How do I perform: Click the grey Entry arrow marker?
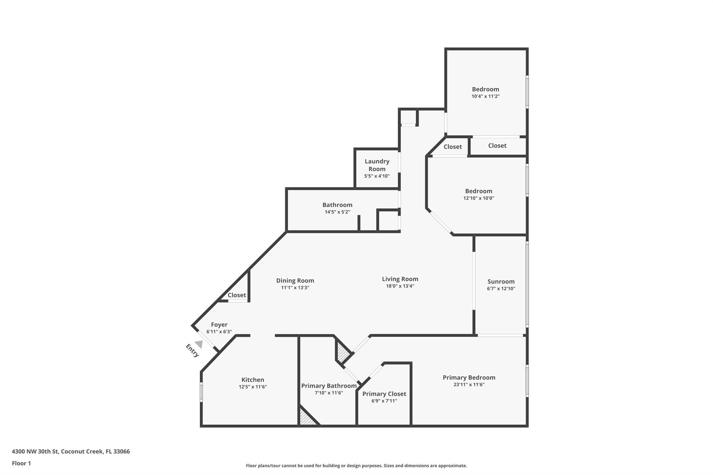tap(199, 344)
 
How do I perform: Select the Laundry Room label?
tap(377, 165)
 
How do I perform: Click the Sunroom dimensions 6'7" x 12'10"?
tap(501, 288)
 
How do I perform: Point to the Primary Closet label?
tap(384, 394)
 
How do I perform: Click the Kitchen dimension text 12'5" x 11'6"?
tap(253, 387)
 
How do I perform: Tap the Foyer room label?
tap(219, 325)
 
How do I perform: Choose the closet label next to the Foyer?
tap(237, 295)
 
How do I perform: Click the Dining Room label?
tap(295, 280)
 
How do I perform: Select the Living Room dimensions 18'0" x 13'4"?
tap(400, 286)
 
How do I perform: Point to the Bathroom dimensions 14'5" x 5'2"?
tap(337, 212)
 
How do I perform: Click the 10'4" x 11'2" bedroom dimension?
tap(485, 96)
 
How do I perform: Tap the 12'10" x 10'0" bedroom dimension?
tap(478, 198)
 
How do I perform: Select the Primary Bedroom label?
tap(469, 378)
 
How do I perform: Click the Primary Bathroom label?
tap(329, 386)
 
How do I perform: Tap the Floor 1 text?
tap(21, 463)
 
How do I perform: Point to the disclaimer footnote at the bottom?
tap(356, 466)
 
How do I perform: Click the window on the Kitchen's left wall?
tap(201, 392)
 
